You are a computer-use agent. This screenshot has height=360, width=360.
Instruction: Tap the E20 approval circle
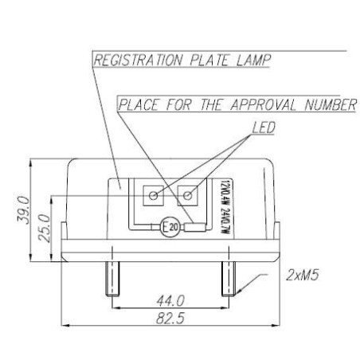tap(169, 227)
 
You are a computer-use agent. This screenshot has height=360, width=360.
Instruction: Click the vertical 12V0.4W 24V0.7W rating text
tap(217, 202)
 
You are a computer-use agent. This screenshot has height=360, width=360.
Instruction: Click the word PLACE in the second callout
tap(139, 104)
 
